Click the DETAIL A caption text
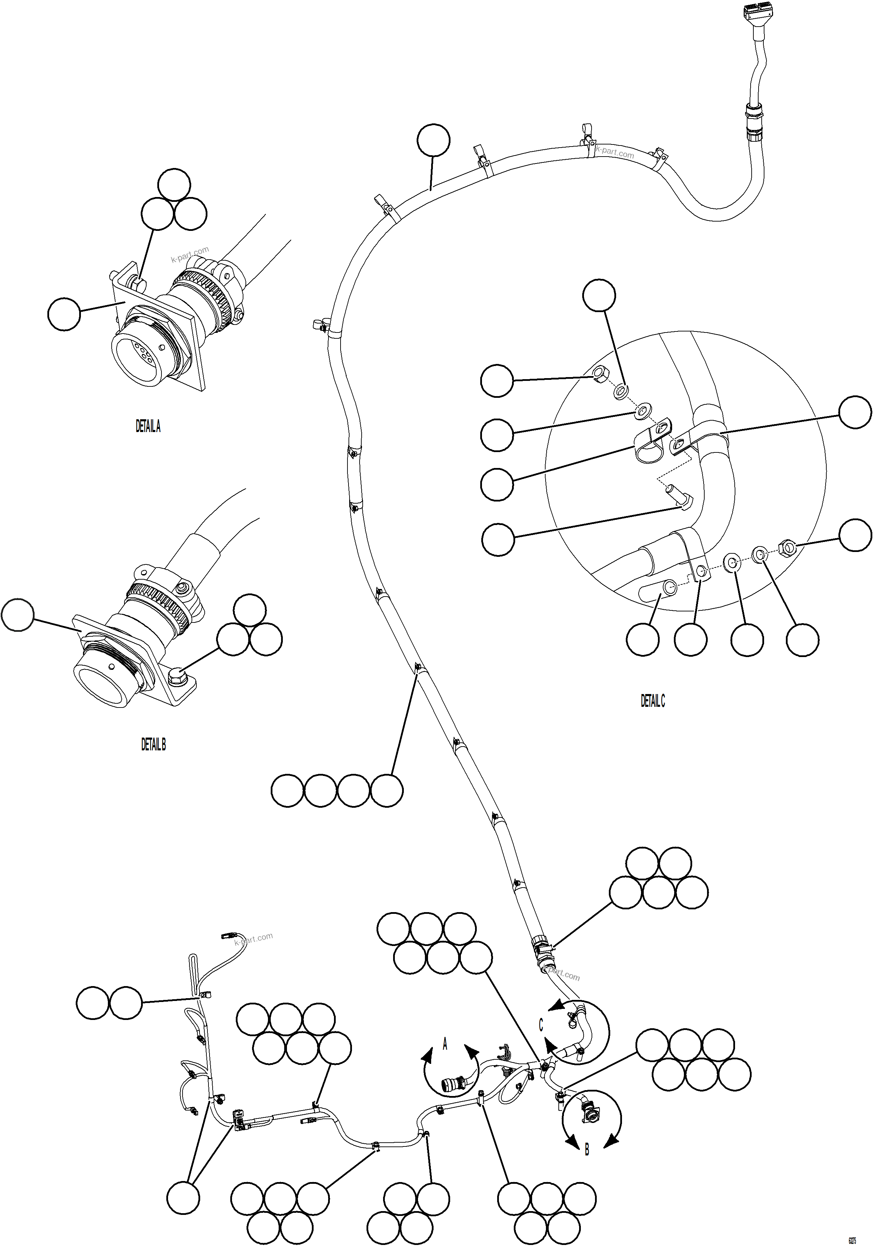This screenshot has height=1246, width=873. pos(148,427)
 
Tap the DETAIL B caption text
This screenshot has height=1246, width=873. pos(153,744)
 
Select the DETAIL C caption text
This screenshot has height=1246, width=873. pos(652,701)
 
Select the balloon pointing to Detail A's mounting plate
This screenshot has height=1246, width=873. pos(64,314)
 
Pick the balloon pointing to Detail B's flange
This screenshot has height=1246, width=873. pos(18,615)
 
